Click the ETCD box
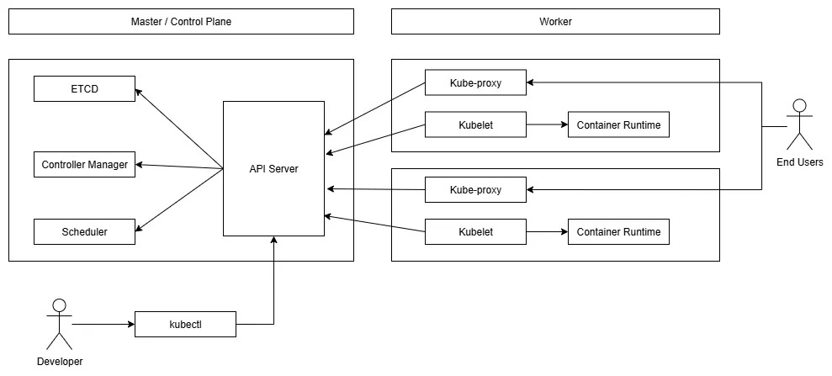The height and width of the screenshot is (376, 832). pos(84,88)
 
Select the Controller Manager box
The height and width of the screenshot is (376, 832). pos(84,164)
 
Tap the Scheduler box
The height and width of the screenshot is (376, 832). pos(84,231)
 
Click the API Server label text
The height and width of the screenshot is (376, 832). pos(273,169)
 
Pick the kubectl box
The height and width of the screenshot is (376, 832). pos(185,324)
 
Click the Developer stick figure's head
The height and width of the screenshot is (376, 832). pos(59,305)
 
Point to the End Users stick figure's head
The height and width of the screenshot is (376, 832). pos(799,106)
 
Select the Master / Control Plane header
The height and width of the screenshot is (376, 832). pos(181,22)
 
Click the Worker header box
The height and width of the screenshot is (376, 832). pos(555,22)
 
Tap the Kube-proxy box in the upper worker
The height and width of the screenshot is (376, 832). pos(475,82)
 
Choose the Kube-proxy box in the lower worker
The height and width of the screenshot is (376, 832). pos(475,189)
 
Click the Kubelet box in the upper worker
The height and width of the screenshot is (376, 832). pos(475,125)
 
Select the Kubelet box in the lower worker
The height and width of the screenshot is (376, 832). pos(475,231)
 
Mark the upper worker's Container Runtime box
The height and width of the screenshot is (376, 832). pos(618,125)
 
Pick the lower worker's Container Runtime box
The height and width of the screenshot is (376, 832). pos(618,231)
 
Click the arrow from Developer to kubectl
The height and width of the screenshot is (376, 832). pos(103,324)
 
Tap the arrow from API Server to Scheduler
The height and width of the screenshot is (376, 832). pos(179,199)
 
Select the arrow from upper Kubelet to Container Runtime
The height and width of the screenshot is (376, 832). pos(547,125)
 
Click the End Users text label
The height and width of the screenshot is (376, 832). pos(799,162)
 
